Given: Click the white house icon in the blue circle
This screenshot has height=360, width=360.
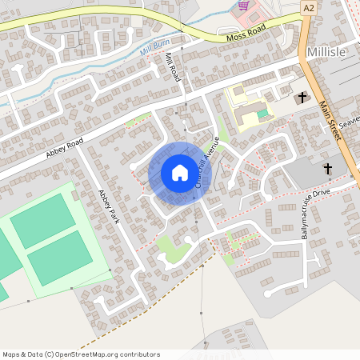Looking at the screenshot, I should (179, 173).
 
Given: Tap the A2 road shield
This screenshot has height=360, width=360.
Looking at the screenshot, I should (309, 6).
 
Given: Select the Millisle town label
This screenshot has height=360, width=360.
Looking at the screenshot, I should (326, 51).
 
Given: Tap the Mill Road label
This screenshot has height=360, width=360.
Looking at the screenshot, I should (173, 67).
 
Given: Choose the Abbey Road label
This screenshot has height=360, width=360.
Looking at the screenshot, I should (65, 146).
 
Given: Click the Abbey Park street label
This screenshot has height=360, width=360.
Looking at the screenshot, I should (108, 206).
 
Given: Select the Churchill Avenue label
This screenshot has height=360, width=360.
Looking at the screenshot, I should (205, 162).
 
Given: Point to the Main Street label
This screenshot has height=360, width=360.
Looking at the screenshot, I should (330, 120).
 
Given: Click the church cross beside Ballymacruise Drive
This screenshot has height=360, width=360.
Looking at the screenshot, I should (327, 170).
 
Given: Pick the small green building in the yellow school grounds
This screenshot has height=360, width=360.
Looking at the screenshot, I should (262, 114).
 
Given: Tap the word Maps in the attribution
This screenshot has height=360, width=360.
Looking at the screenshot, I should (11, 354).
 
